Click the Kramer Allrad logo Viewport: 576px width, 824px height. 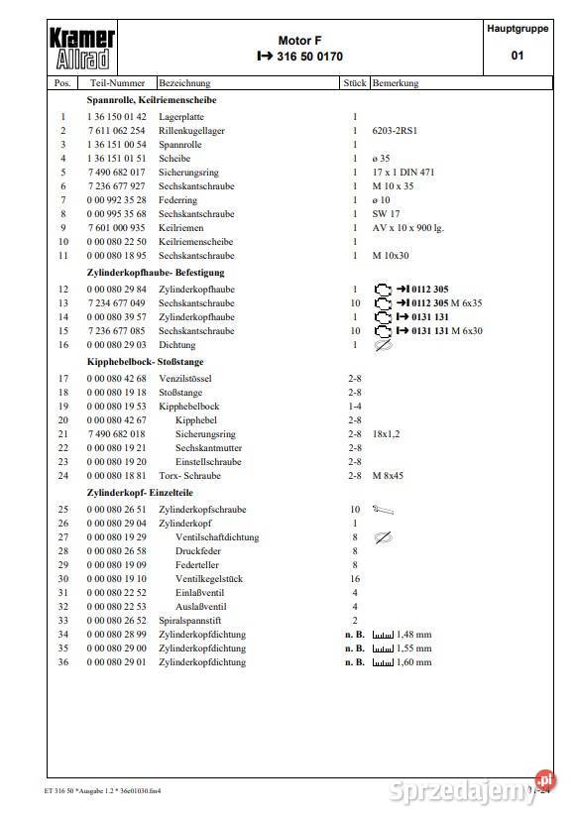82,49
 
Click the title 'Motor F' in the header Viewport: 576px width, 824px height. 299,41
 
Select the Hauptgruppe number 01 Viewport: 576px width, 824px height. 517,57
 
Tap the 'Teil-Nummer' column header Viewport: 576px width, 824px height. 117,84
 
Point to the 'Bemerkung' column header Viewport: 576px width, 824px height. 396,84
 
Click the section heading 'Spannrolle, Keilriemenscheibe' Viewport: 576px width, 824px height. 152,100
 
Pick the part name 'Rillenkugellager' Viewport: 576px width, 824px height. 191,131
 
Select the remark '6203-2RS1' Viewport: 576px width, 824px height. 396,131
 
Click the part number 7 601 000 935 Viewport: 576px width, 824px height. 116,227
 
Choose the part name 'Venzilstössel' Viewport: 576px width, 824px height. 185,379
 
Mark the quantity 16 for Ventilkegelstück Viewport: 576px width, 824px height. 354,579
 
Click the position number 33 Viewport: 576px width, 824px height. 63,621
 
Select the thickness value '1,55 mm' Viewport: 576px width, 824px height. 414,648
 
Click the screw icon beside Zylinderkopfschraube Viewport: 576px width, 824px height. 384,510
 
